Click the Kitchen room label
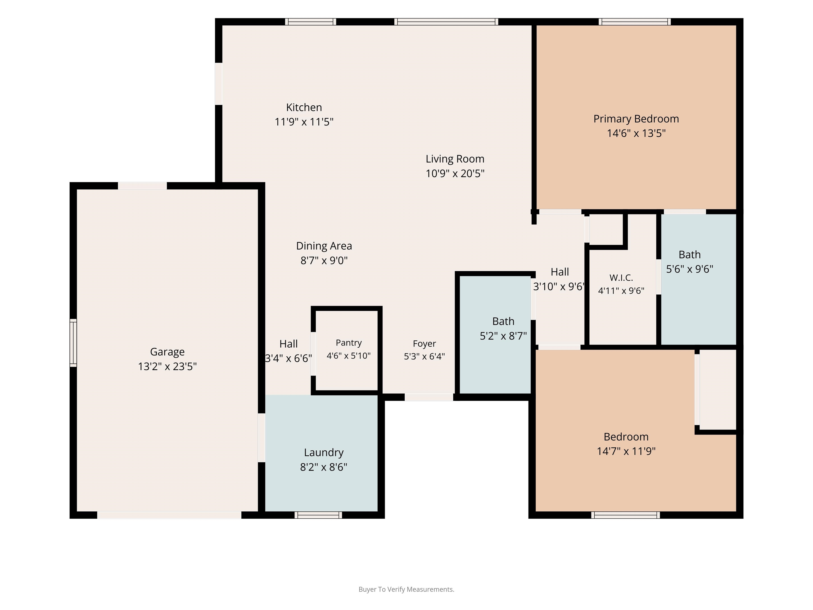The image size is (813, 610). click(304, 107)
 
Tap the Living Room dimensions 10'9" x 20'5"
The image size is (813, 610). click(455, 173)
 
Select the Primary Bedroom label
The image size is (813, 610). click(636, 119)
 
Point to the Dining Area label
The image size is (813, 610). click(324, 246)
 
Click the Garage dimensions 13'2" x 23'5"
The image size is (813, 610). click(167, 366)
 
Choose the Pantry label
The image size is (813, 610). click(349, 343)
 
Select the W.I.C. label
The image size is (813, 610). click(621, 278)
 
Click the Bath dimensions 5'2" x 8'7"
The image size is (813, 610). click(503, 336)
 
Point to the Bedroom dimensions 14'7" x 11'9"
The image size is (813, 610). click(626, 451)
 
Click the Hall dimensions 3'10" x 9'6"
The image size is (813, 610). click(559, 286)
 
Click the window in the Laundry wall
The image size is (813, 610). click(318, 515)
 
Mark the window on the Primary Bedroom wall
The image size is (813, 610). click(634, 22)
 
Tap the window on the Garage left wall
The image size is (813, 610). click(73, 343)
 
